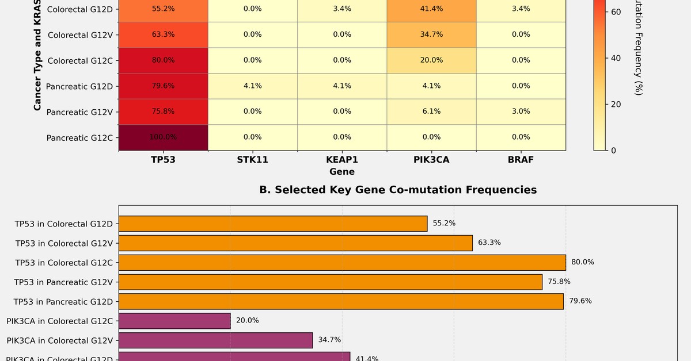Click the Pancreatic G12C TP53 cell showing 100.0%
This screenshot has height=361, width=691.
click(164, 137)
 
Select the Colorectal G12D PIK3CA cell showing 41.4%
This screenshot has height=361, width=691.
click(431, 9)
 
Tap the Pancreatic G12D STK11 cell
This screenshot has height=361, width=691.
click(252, 86)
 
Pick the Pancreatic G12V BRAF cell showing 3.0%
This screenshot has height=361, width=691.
click(521, 112)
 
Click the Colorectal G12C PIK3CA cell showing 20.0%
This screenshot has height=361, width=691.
click(431, 60)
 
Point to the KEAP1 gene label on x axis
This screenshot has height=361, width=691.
click(342, 160)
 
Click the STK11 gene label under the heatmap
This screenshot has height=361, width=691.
click(252, 160)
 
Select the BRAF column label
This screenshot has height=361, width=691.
click(521, 160)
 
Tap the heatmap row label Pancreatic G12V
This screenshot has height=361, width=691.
click(79, 112)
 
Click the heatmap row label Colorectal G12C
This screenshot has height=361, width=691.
click(80, 61)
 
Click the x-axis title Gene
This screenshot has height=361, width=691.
click(342, 172)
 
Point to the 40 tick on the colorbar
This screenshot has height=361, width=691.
click(616, 58)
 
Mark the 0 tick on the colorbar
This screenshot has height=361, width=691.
click(613, 151)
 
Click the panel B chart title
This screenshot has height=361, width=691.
click(398, 190)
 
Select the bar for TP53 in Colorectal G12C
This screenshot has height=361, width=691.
click(342, 263)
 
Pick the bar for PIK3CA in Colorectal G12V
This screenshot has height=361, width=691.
click(215, 340)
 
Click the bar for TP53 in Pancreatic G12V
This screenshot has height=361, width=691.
click(331, 282)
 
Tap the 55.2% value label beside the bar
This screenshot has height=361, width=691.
click(444, 223)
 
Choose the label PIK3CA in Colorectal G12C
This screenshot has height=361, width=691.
click(60, 321)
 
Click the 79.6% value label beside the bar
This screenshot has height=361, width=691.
click(580, 301)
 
